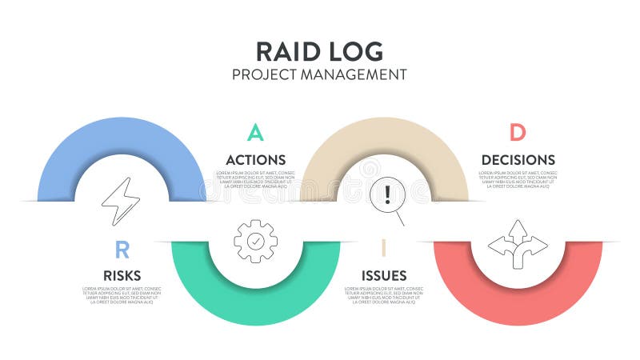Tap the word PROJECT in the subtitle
pyautogui.click(x=262, y=74)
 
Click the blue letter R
pyautogui.click(x=122, y=250)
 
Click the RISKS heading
pyautogui.click(x=122, y=276)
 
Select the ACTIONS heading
pyautogui.click(x=255, y=160)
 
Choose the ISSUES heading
pyautogui.click(x=384, y=276)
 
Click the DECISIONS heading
pyautogui.click(x=518, y=160)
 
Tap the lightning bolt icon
pyautogui.click(x=121, y=201)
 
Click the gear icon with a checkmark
pyautogui.click(x=255, y=241)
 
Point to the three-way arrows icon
pyautogui.click(x=518, y=243)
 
